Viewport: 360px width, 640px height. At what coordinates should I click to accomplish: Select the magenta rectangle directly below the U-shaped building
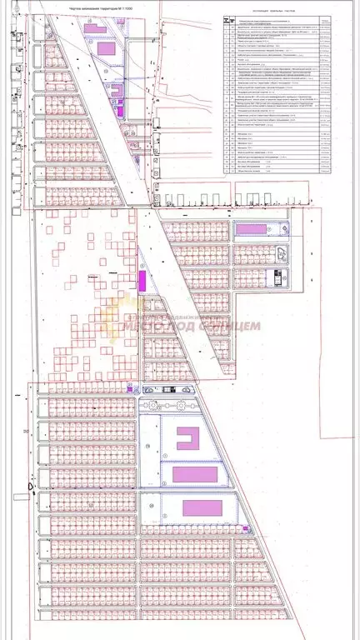click(x=193, y=474)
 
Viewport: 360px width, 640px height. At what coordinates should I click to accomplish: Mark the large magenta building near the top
click(x=107, y=49)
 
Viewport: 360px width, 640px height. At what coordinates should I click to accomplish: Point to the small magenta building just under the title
click(x=90, y=27)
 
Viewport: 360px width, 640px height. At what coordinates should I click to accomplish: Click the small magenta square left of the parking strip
click(x=129, y=387)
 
